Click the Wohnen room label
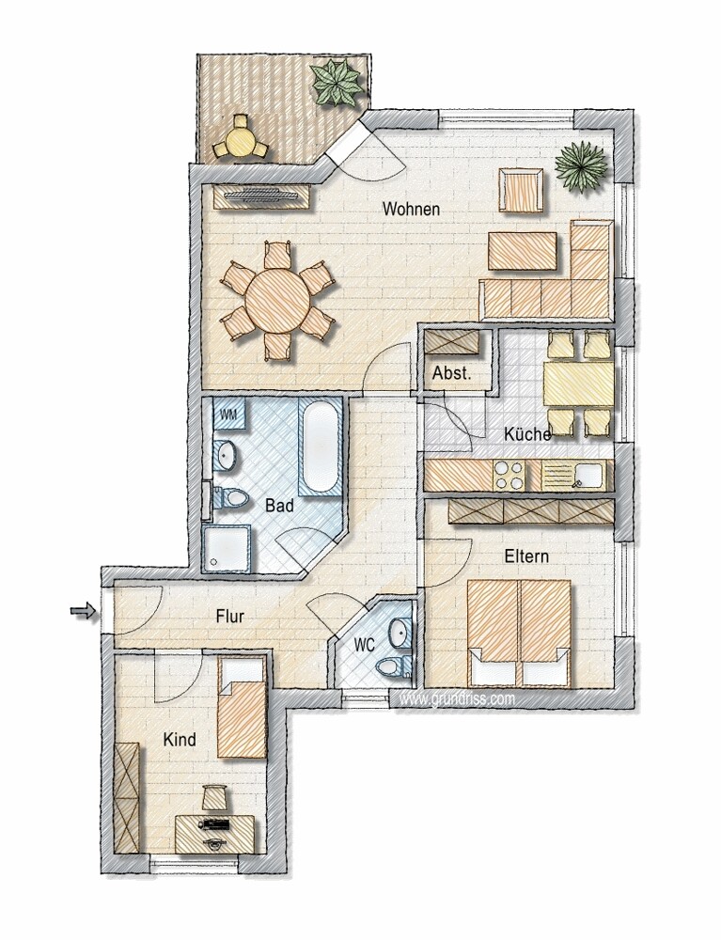[x=411, y=210]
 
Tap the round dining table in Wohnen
[x=277, y=301]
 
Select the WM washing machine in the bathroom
[x=229, y=415]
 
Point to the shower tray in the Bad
[x=227, y=548]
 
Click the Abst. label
[x=452, y=373]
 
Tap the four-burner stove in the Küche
[x=509, y=476]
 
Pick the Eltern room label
[x=526, y=556]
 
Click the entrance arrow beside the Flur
[x=84, y=612]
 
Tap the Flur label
[x=230, y=616]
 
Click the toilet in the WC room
[x=393, y=666]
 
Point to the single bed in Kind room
[x=242, y=708]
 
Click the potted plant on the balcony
[x=337, y=84]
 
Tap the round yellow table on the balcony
[x=241, y=142]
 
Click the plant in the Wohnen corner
[x=582, y=167]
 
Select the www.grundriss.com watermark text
[x=457, y=698]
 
